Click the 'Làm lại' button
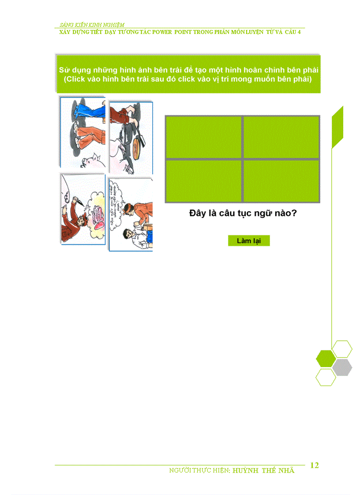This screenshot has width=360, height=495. point(248,241)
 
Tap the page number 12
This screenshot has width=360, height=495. point(315,465)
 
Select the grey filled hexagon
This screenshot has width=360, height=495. point(342,367)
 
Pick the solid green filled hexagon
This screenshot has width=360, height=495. point(326,358)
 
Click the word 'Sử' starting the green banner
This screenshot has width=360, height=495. point(64,71)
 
